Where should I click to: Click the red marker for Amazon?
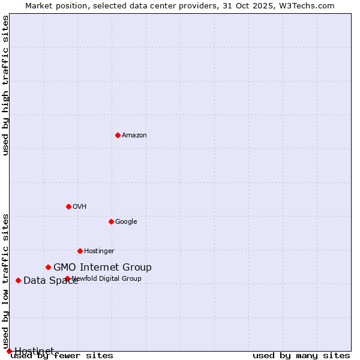(x=118, y=135)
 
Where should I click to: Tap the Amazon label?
(x=134, y=136)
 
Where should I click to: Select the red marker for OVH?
(x=68, y=206)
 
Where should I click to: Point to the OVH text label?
(x=80, y=207)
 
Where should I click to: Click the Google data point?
(x=111, y=221)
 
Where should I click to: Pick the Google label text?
(x=126, y=222)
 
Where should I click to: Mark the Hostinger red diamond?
(x=80, y=251)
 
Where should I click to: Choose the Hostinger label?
(x=99, y=251)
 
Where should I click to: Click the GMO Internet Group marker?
(x=48, y=267)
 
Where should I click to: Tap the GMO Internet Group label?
(x=103, y=268)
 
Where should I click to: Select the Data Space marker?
(x=18, y=280)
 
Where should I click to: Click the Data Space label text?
(x=50, y=281)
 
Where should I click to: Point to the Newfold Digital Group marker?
(x=67, y=278)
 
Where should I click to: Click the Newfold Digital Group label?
(x=107, y=279)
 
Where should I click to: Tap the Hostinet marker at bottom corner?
(x=9, y=351)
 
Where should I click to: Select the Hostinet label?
(x=34, y=351)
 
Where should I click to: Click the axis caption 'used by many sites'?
(x=301, y=356)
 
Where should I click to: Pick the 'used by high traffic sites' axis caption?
(x=5, y=85)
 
